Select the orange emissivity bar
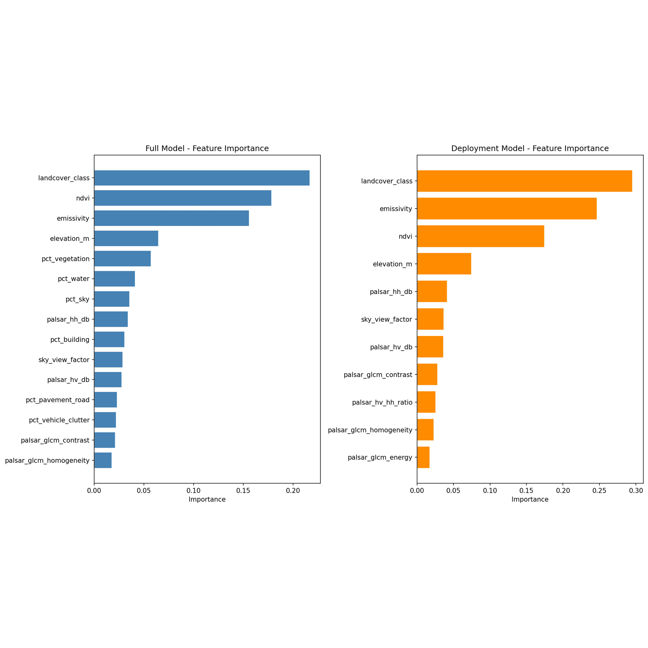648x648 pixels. pos(507,209)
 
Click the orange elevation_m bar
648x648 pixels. pos(444,264)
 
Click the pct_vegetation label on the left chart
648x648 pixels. pos(66,259)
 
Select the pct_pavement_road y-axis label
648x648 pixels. pos(58,400)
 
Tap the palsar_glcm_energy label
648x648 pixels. pos(380,458)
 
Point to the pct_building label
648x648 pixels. pos(70,339)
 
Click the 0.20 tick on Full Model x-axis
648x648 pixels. pos(293,491)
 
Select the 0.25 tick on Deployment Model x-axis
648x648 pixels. pos(599,491)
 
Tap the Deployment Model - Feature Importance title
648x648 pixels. pos(530,148)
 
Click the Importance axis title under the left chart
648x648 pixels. pos(207,499)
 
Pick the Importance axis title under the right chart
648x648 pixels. pos(530,499)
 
